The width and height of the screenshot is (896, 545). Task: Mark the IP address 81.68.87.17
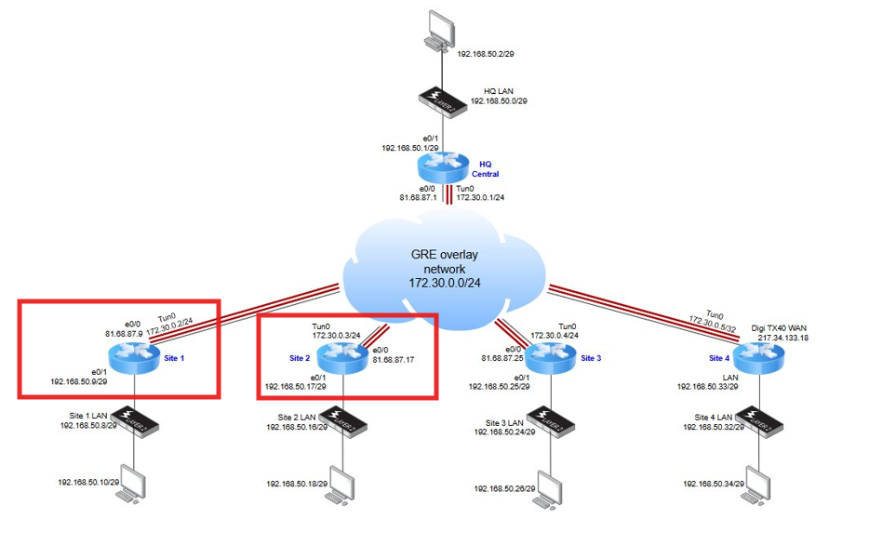394,358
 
